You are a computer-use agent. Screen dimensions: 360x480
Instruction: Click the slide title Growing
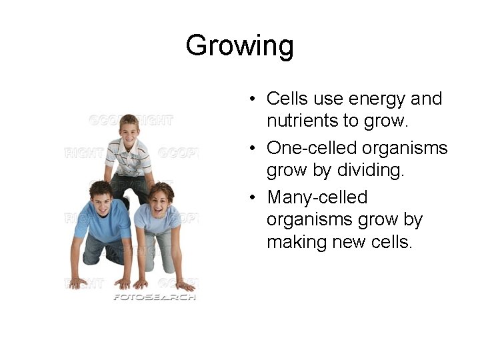239,46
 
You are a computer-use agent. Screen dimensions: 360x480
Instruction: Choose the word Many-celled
317,197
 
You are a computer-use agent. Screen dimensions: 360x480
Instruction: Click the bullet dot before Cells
254,100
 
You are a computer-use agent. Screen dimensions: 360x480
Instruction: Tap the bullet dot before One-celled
254,148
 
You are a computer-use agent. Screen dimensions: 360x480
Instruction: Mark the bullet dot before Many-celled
254,198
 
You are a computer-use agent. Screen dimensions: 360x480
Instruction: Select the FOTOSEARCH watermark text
154,297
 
